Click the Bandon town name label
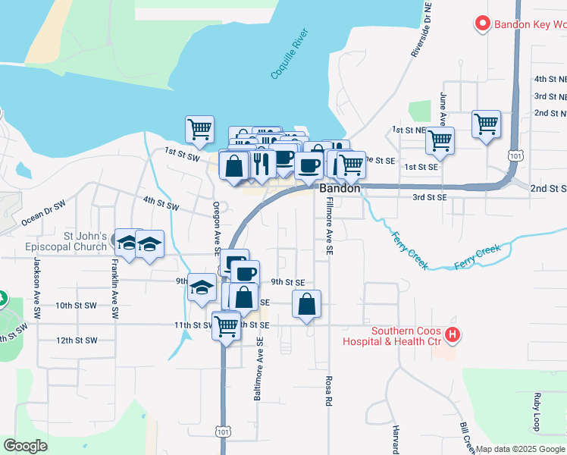click(x=340, y=188)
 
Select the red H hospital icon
click(x=453, y=333)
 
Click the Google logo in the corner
click(x=27, y=446)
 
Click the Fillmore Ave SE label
click(x=329, y=226)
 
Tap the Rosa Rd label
click(x=329, y=391)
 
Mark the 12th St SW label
click(x=77, y=340)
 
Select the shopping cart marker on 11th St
click(x=226, y=325)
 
